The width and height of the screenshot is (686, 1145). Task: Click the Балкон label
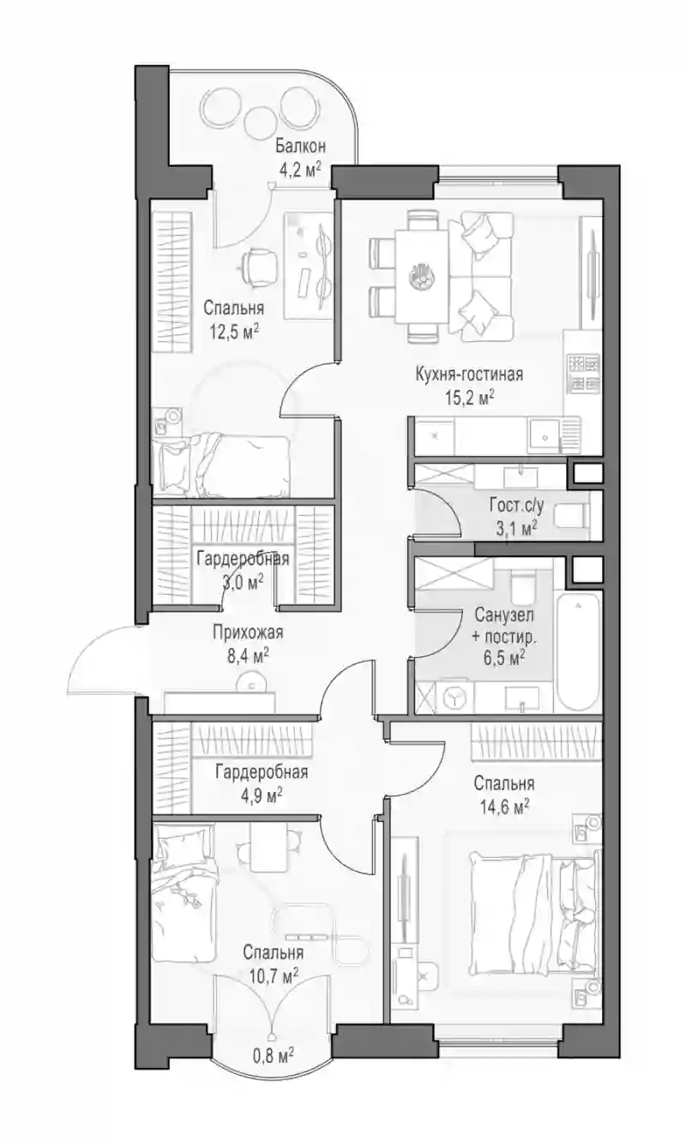pos(300,147)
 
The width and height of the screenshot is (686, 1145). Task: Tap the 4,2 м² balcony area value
pos(300,170)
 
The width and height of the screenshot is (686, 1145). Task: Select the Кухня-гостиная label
pos(469,375)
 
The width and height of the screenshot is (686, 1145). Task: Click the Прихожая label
pos(248,632)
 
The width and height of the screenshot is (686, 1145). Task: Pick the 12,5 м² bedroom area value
pos(234,333)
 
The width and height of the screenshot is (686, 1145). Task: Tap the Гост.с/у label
pos(517,506)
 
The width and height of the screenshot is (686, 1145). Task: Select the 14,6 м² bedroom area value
pos(504,807)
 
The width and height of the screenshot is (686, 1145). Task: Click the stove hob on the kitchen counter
pos(582,374)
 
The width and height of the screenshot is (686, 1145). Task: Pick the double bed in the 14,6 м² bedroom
pos(533,914)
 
